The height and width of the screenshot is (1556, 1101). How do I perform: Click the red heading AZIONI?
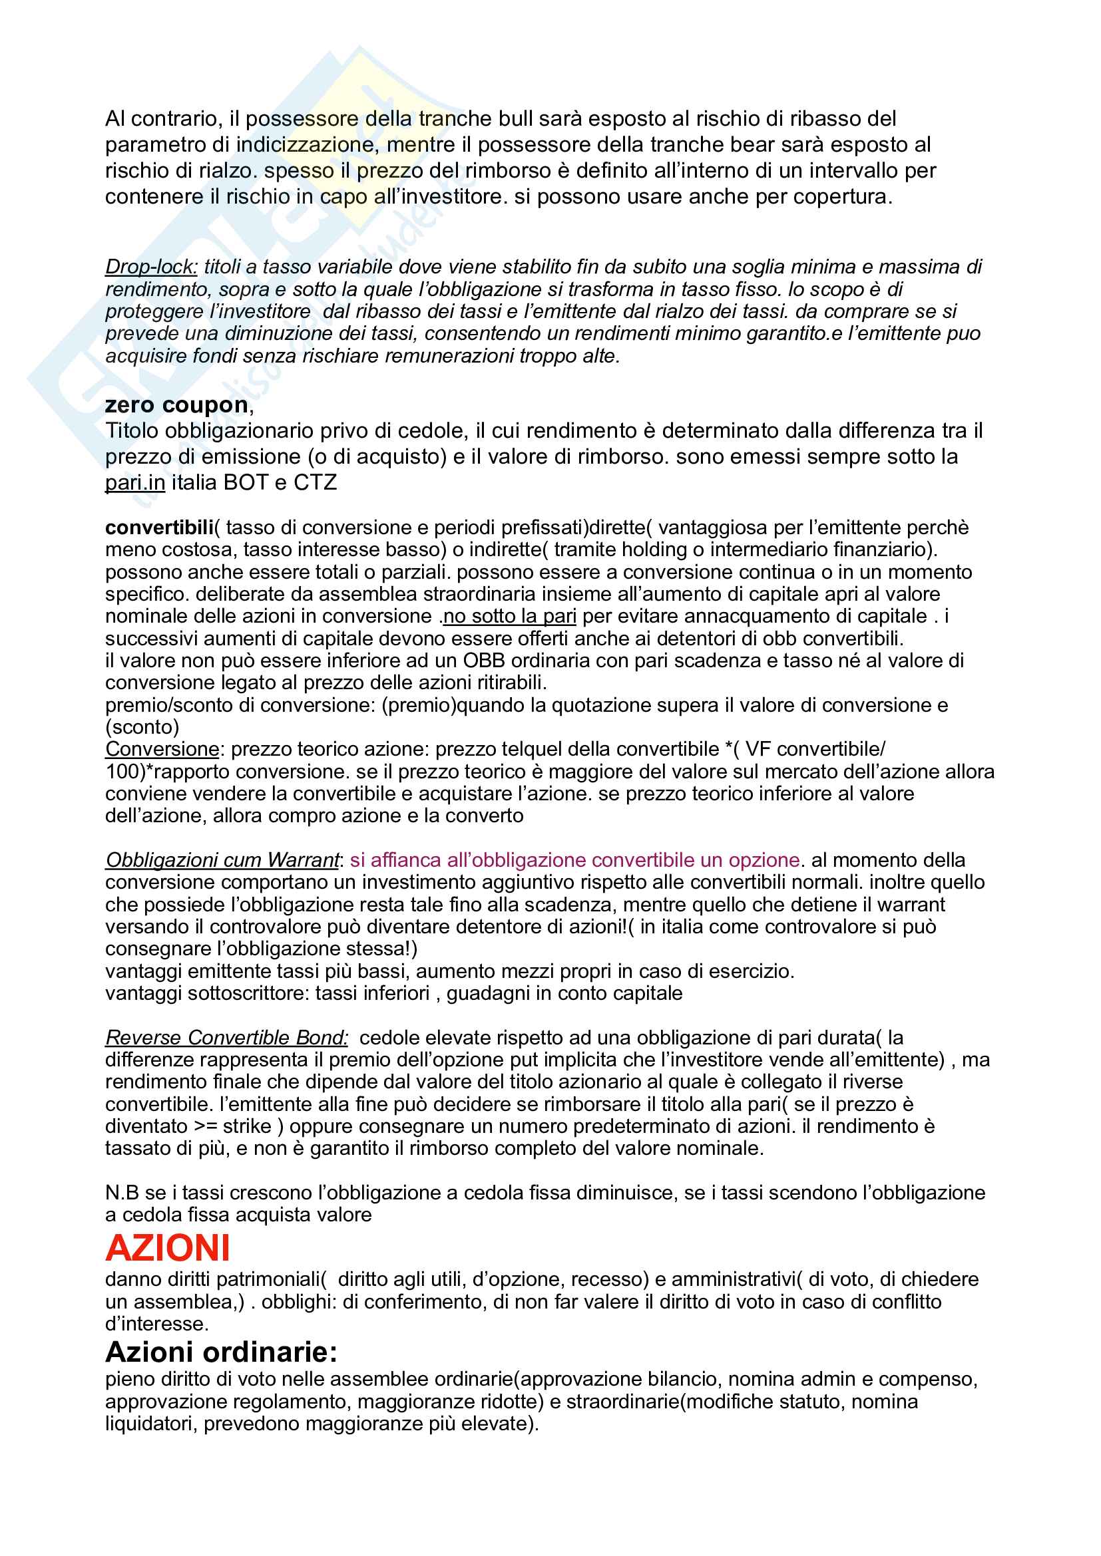pyautogui.click(x=168, y=1247)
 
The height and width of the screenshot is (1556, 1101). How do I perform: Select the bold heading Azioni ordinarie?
pyautogui.click(x=221, y=1352)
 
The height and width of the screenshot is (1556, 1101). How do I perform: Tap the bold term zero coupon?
pyautogui.click(x=176, y=405)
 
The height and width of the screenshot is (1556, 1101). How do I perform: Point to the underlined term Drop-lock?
pyautogui.click(x=151, y=267)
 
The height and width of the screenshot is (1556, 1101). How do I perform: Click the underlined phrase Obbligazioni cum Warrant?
pyautogui.click(x=222, y=860)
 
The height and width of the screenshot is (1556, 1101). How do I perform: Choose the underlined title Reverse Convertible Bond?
pyautogui.click(x=226, y=1038)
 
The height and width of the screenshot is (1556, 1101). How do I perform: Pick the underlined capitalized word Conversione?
pyautogui.click(x=162, y=749)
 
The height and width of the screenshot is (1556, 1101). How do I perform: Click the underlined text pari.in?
pyautogui.click(x=135, y=482)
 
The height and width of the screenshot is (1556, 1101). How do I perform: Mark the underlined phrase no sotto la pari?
pyautogui.click(x=510, y=616)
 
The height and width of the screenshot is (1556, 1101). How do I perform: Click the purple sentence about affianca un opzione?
pyautogui.click(x=575, y=860)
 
